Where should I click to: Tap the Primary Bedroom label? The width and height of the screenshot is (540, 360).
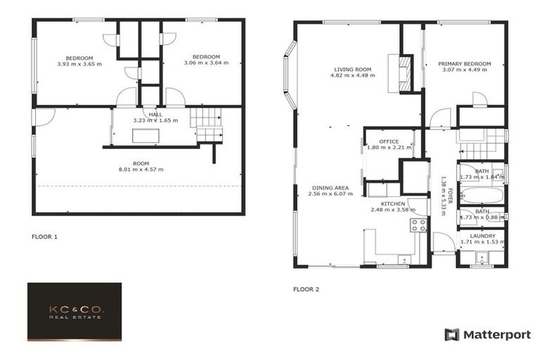pos(465,63)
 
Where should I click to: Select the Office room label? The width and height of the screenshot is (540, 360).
pos(389,141)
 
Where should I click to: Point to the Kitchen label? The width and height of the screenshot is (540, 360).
pos(389,202)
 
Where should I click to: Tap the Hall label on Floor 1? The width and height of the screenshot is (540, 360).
pos(155,113)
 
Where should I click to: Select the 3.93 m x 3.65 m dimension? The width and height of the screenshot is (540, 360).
pos(79,63)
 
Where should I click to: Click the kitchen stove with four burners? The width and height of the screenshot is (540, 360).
pos(418,225)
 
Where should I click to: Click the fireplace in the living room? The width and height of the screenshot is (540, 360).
pos(403,72)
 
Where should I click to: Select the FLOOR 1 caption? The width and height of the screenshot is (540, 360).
pos(45,237)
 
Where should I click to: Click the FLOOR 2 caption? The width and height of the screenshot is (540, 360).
pos(306,288)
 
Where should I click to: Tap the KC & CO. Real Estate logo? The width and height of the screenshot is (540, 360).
pos(75,311)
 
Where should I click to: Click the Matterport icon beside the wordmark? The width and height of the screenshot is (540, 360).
pos(451,335)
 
